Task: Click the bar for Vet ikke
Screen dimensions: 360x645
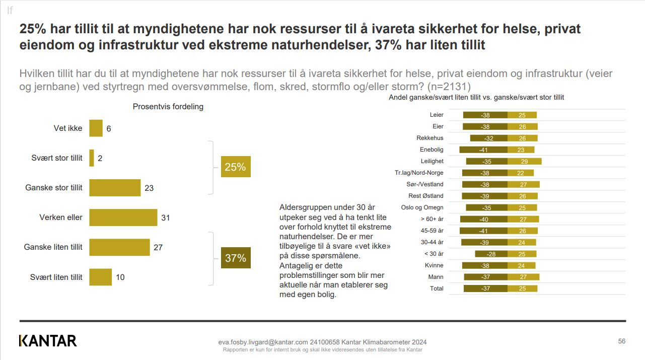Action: (96, 128)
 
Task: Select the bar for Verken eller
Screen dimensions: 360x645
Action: (123, 218)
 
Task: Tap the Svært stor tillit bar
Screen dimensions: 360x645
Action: (92, 158)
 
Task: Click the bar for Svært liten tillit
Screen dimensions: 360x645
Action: (101, 277)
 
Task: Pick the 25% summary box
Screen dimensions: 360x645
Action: (235, 167)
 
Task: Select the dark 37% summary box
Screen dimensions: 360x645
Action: (235, 258)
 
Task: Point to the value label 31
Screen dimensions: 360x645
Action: (166, 218)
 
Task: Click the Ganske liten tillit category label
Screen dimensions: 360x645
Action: (53, 247)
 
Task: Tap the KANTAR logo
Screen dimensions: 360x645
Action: (48, 341)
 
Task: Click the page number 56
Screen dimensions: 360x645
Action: (622, 341)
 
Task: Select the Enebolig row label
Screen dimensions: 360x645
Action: (432, 150)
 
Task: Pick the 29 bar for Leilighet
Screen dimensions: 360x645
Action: (524, 161)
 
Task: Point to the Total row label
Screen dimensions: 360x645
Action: (437, 289)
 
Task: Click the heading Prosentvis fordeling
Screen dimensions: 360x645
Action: (168, 107)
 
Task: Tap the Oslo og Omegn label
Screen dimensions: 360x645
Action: (422, 207)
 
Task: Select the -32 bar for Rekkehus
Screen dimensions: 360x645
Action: (488, 138)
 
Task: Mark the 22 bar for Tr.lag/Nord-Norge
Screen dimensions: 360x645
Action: (521, 173)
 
